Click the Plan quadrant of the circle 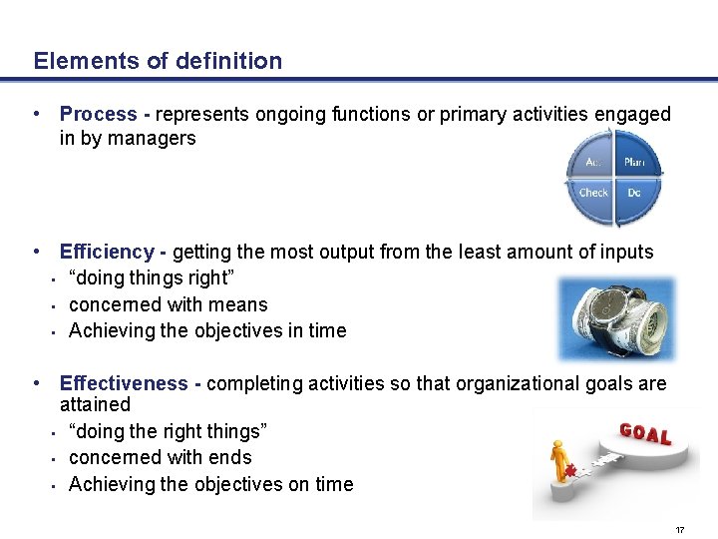pyautogui.click(x=633, y=163)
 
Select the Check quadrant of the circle pyautogui.click(x=594, y=193)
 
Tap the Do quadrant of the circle pyautogui.click(x=633, y=193)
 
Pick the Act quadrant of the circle pyautogui.click(x=594, y=163)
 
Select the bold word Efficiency pyautogui.click(x=107, y=252)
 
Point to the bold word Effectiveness pyautogui.click(x=124, y=383)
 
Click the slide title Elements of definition pyautogui.click(x=158, y=61)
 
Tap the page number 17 pyautogui.click(x=680, y=530)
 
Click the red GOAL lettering pyautogui.click(x=645, y=434)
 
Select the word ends pyautogui.click(x=230, y=457)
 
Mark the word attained pyautogui.click(x=95, y=404)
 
